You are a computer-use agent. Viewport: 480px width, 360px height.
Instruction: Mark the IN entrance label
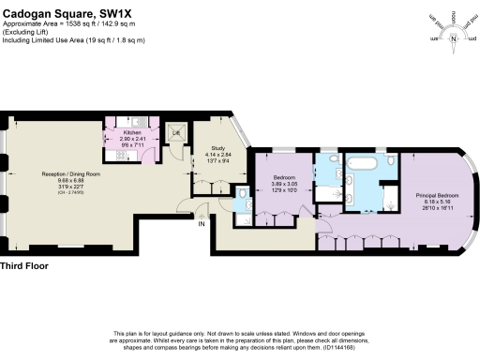(x=201, y=222)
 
